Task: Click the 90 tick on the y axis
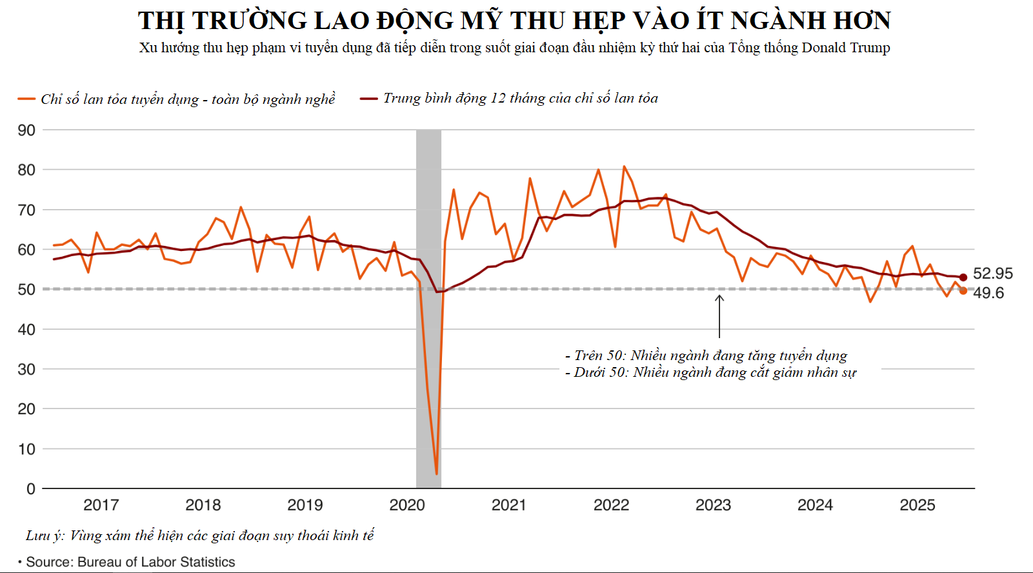point(26,130)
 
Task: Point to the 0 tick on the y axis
point(30,489)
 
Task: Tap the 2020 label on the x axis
point(407,505)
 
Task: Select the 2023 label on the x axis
point(713,505)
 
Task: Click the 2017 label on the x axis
point(101,505)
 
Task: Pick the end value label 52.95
point(992,274)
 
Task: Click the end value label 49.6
point(988,293)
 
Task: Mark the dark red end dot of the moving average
point(963,277)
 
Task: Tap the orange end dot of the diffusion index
point(963,291)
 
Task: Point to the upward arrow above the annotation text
point(719,316)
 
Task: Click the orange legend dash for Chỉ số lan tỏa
point(26,99)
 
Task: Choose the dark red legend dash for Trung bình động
point(368,99)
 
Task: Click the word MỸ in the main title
point(481,21)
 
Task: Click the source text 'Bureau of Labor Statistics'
point(156,562)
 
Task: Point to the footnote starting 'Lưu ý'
point(200,536)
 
